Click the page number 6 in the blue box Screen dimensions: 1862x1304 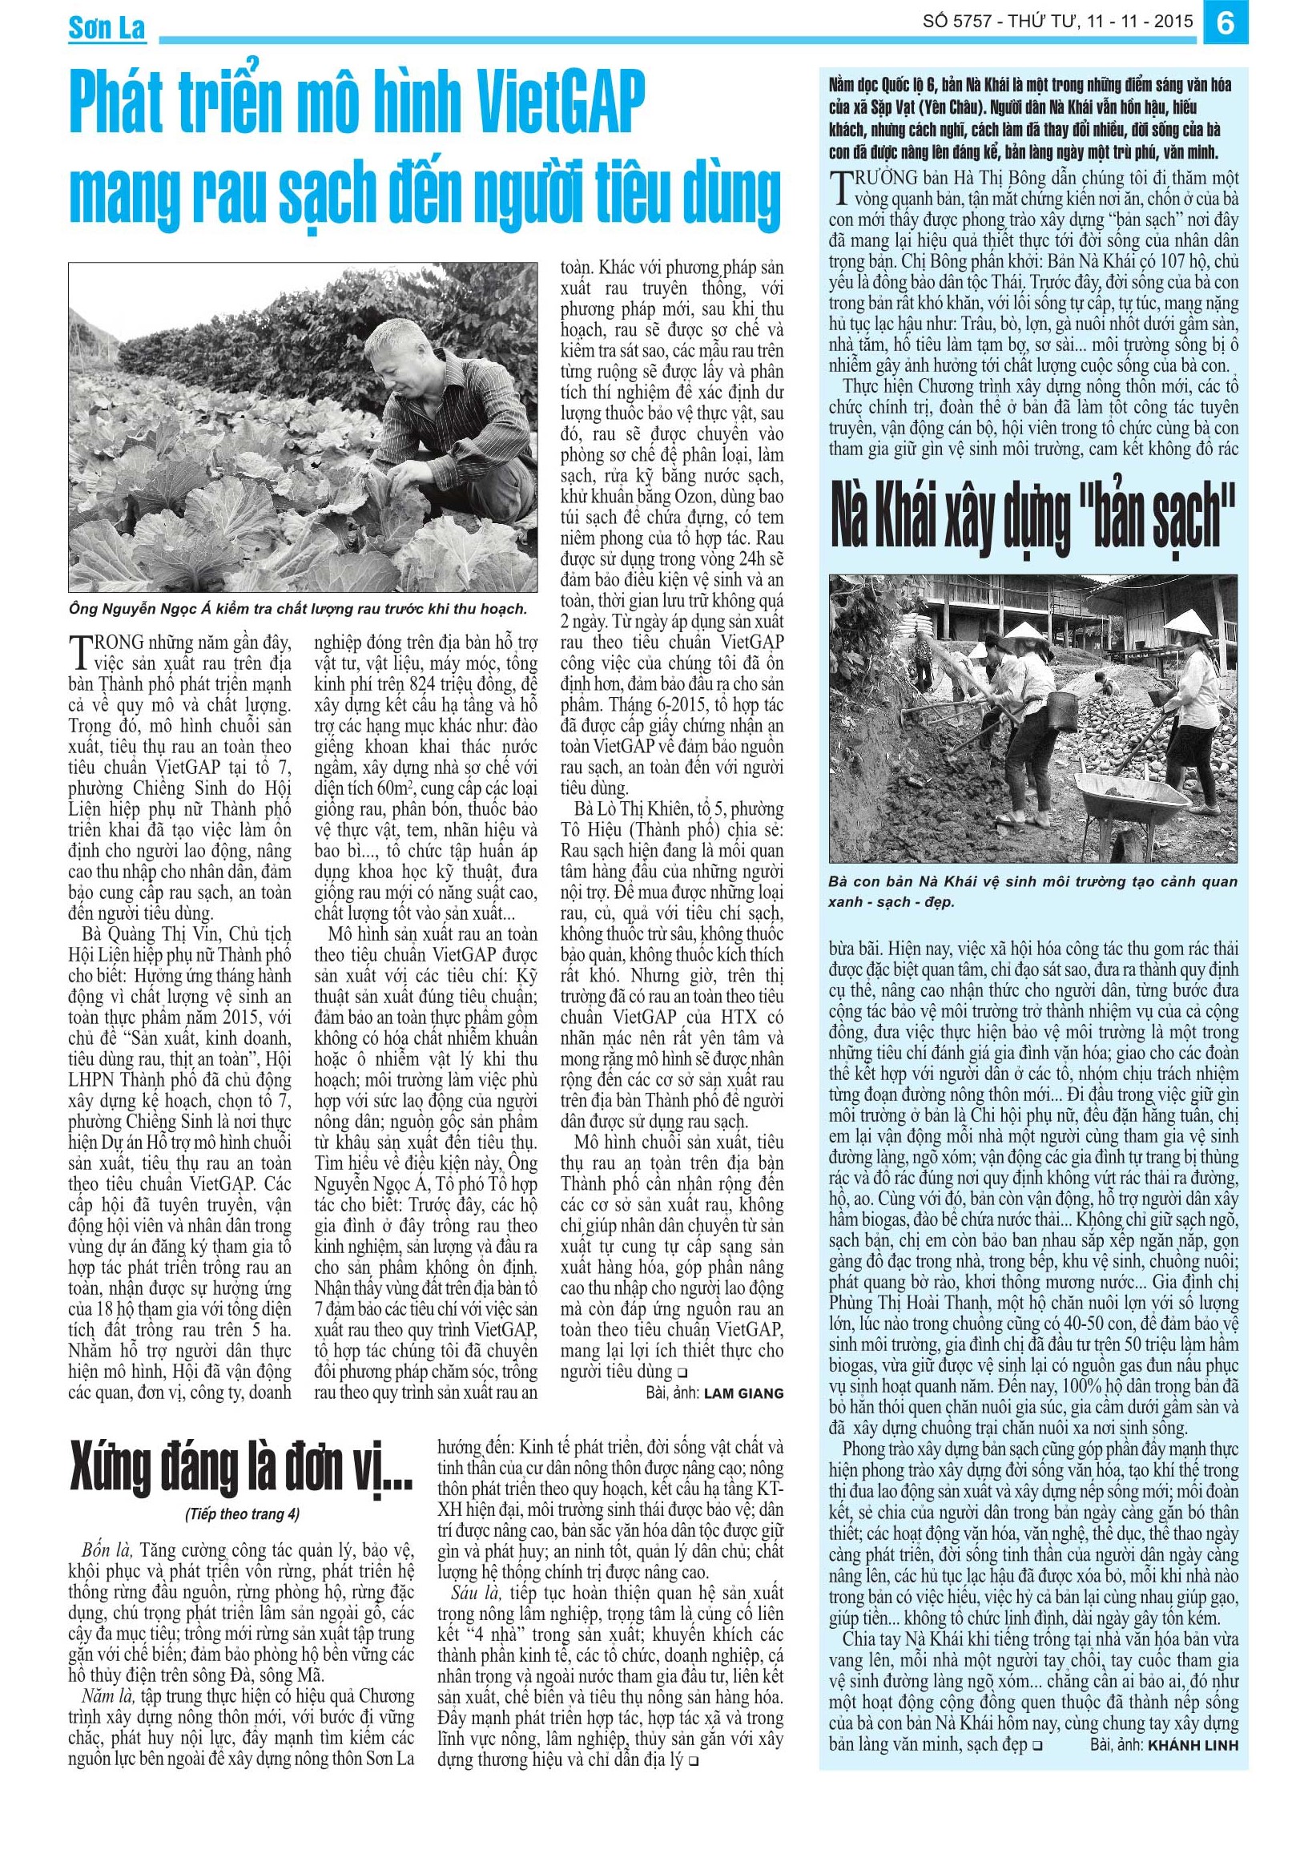[1226, 23]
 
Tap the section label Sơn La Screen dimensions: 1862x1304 [107, 29]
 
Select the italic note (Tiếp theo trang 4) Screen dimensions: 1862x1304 [242, 1513]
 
